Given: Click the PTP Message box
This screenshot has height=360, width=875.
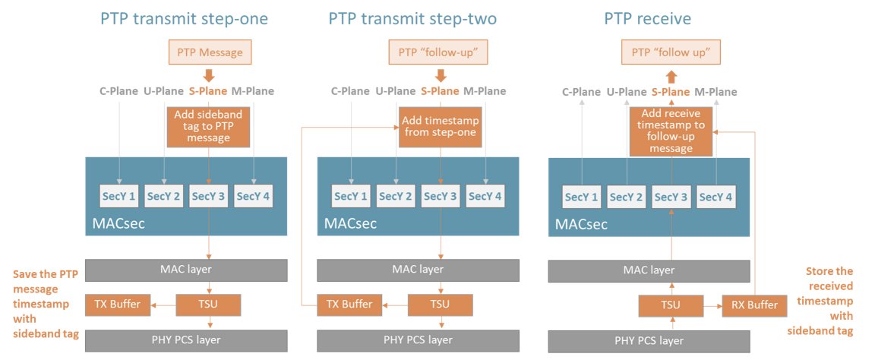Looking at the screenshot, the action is [x=210, y=53].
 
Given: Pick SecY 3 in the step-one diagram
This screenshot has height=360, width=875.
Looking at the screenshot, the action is [x=209, y=196].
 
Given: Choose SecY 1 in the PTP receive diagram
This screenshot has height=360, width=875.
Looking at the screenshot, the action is [x=582, y=197].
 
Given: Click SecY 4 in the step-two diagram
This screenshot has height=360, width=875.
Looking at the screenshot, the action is [x=485, y=196].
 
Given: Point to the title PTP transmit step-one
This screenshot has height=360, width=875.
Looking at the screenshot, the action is [x=184, y=19].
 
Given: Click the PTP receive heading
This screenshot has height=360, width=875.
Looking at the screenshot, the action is [x=647, y=19].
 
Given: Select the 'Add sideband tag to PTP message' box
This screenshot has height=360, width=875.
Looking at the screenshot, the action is [x=209, y=127].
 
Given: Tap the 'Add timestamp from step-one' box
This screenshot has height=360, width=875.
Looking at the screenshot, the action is [x=441, y=127].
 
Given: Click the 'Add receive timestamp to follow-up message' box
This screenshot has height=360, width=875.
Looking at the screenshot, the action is [x=671, y=131].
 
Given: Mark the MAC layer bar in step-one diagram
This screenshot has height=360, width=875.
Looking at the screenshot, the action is [x=186, y=270].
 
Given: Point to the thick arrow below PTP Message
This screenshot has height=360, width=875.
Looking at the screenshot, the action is [x=210, y=75].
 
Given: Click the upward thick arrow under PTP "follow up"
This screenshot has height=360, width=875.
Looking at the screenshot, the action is [x=671, y=77].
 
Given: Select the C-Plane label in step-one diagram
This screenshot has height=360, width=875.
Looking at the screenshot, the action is [x=118, y=92].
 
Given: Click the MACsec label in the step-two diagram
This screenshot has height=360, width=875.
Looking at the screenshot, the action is [x=350, y=224].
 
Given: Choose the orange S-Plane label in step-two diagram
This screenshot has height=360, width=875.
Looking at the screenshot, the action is [x=441, y=92].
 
